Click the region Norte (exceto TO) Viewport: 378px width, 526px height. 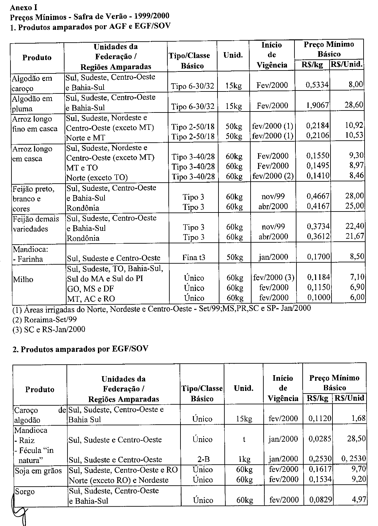[97, 178]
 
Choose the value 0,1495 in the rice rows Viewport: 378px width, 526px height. [318, 166]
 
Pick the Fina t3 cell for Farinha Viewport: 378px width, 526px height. [194, 257]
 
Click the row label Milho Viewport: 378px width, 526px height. [23, 279]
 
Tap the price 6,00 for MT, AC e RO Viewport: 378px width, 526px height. [357, 297]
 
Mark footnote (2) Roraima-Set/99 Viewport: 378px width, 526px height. [45, 319]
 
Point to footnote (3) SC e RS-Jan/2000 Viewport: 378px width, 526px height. [49, 329]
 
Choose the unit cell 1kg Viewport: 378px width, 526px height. [244, 459]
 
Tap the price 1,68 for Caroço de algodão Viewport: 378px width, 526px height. [358, 418]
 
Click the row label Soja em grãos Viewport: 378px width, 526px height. [38, 471]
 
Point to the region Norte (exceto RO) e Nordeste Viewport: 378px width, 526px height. [118, 480]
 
